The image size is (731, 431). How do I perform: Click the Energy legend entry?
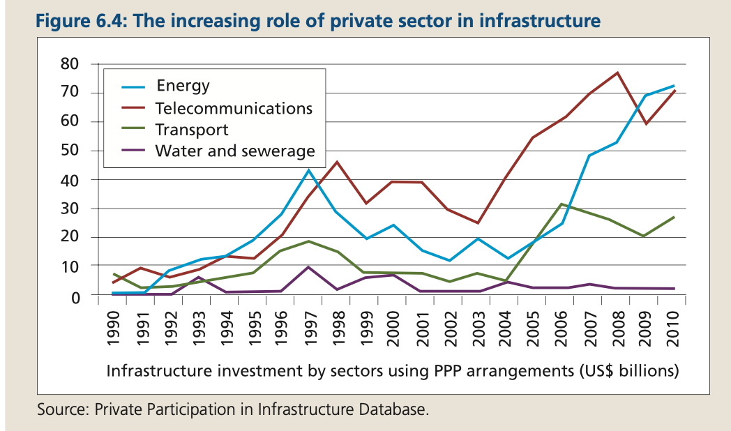183,86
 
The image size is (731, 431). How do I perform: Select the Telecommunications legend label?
234,108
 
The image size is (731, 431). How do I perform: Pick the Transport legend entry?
192,130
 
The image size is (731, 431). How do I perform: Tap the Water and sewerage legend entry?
235,151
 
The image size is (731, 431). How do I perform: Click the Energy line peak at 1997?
308,169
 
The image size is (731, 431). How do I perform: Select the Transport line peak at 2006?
562,204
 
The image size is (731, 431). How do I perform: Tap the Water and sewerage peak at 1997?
308,266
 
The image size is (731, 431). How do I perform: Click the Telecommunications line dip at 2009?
647,124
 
